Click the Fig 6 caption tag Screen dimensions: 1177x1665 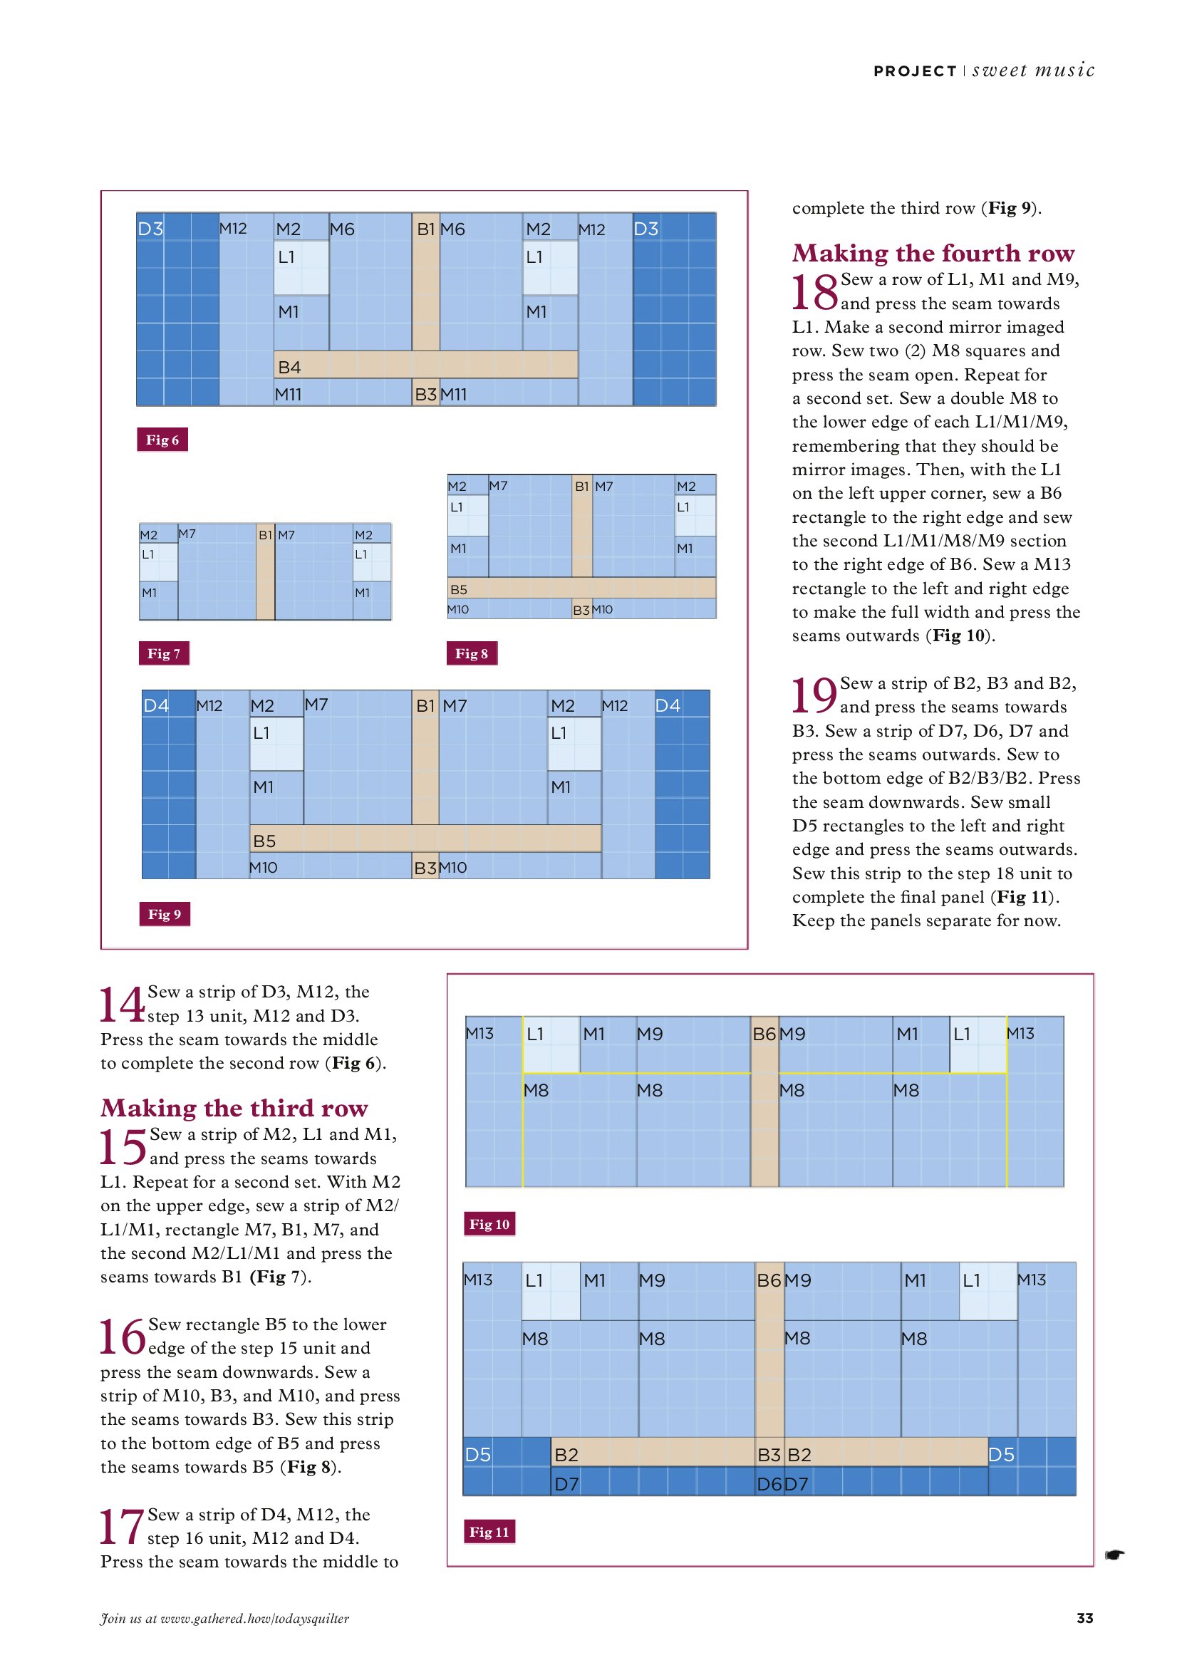(162, 440)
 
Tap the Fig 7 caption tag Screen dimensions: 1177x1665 (164, 653)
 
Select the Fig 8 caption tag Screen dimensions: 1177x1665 (472, 653)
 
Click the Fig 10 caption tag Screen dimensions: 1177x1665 (489, 1224)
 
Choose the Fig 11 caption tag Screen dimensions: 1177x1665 (489, 1532)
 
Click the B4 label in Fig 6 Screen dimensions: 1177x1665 (289, 368)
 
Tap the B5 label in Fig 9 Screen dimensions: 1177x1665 (264, 841)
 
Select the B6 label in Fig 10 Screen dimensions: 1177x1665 (764, 1034)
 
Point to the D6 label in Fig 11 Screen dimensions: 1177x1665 (769, 1485)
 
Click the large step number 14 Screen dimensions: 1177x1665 (122, 1006)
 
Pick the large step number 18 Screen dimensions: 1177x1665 (814, 293)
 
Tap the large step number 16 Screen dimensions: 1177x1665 (122, 1338)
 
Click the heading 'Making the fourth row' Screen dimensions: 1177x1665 (933, 252)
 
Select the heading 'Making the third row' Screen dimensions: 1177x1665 (234, 1107)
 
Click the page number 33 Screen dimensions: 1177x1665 (1085, 1618)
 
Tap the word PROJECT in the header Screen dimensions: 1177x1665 (915, 71)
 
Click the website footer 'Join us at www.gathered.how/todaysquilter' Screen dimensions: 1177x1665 (225, 1619)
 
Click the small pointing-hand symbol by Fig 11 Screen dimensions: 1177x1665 (1114, 1554)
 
